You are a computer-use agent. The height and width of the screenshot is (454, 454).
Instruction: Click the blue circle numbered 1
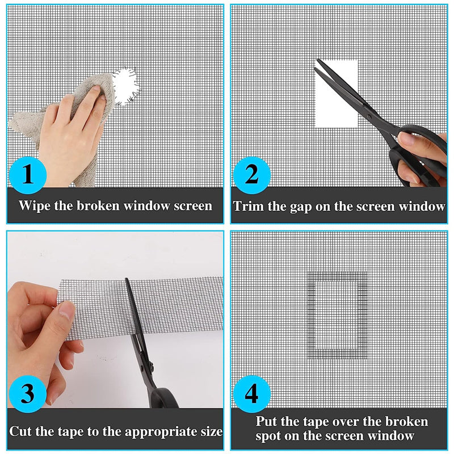[x=28, y=175]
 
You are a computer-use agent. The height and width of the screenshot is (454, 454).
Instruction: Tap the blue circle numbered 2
[x=252, y=175]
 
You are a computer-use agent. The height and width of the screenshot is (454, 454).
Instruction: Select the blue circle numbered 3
[x=28, y=394]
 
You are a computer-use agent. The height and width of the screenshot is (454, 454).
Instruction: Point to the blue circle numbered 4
[x=252, y=394]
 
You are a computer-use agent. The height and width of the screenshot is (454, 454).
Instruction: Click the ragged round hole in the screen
[x=126, y=87]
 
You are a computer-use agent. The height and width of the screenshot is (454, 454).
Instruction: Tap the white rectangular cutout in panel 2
[x=336, y=94]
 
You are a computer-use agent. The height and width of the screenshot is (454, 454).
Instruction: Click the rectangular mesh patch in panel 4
[x=337, y=315]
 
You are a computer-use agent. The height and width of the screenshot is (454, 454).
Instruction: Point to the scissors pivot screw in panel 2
[x=369, y=117]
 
